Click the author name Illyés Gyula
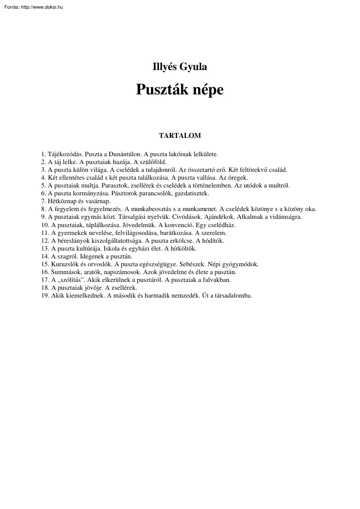[x=180, y=67]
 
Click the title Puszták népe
[x=180, y=89]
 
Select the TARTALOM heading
[x=180, y=135]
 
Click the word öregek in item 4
[x=238, y=177]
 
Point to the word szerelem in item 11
[x=215, y=233]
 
